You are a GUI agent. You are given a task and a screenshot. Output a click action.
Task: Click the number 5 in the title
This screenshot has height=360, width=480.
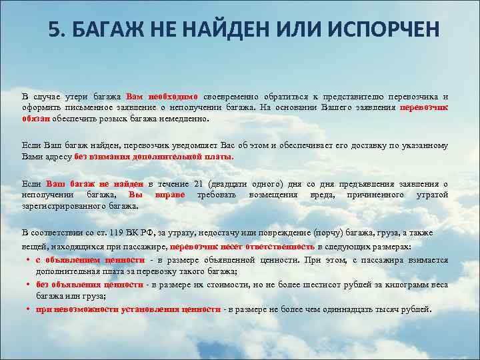[x=55, y=30]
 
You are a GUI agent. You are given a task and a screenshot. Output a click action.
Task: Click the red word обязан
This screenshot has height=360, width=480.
[x=37, y=119]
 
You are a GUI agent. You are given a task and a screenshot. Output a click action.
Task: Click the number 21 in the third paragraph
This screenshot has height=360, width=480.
[x=197, y=183]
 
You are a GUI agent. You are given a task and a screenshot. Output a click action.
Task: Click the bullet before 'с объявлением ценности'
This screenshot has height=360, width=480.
[x=29, y=259]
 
